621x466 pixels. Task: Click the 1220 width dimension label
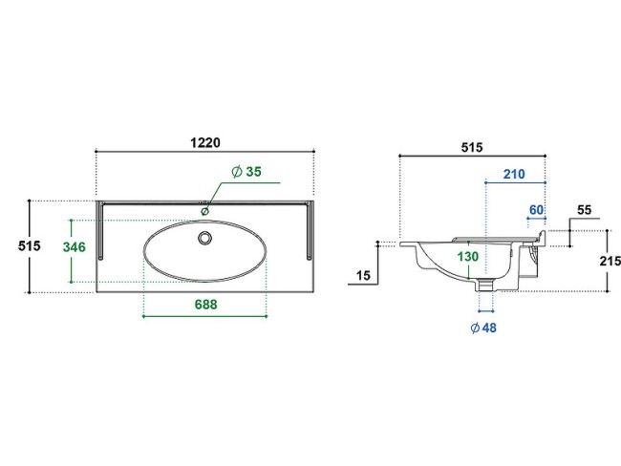point(205,142)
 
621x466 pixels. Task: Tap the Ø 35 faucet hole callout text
point(246,172)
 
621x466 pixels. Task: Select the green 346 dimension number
point(75,247)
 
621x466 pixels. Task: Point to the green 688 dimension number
point(206,304)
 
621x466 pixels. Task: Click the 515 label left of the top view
point(30,245)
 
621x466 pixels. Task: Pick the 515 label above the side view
point(472,148)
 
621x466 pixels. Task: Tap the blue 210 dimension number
point(514,174)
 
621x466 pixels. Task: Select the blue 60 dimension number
point(536,209)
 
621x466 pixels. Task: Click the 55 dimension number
point(584,210)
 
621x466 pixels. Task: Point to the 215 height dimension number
point(610,262)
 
